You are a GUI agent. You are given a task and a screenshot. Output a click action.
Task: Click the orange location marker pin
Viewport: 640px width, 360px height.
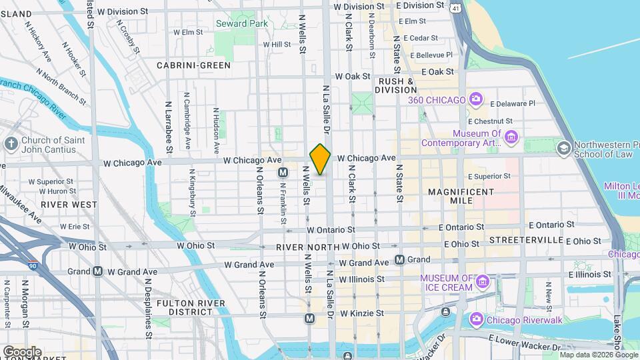tap(320, 159)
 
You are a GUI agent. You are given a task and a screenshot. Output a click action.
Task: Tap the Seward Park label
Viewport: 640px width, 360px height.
tap(241, 23)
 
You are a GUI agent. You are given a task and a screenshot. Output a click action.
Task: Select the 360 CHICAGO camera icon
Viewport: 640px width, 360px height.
tap(475, 100)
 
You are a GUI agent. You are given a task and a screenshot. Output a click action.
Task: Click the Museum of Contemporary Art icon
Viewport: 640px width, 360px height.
tap(511, 138)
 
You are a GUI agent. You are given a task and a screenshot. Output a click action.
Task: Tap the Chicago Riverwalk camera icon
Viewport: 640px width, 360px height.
tap(476, 319)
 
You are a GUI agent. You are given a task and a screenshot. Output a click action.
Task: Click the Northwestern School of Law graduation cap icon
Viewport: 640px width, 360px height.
tap(563, 147)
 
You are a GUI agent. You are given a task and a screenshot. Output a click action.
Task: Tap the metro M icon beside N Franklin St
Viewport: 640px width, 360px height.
tap(283, 173)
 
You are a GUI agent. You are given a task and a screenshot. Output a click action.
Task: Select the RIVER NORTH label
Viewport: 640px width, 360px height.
tap(304, 247)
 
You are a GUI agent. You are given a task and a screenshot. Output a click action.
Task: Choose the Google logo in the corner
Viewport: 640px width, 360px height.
tap(22, 351)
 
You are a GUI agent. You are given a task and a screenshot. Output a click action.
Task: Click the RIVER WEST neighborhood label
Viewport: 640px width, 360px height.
tap(64, 205)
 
